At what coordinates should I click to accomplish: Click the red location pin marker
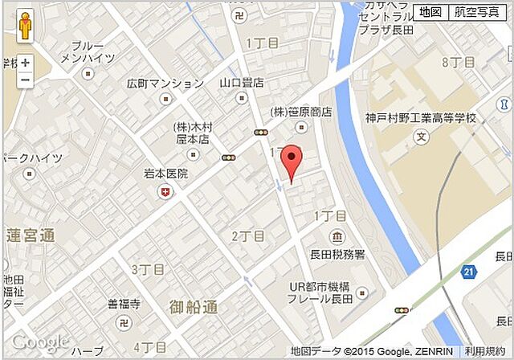click(x=292, y=164)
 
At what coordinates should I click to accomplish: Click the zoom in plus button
click(x=26, y=63)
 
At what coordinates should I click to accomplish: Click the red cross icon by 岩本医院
click(x=166, y=191)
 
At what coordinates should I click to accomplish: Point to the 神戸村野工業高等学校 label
click(x=421, y=118)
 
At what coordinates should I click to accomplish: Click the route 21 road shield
click(x=468, y=273)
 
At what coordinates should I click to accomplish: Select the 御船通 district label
click(x=194, y=306)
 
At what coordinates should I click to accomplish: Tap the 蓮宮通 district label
click(x=31, y=235)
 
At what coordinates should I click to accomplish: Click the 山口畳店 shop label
click(x=242, y=83)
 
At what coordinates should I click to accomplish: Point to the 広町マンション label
click(x=165, y=84)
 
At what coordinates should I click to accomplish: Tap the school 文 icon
click(x=421, y=136)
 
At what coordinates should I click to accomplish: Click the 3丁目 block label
click(x=148, y=269)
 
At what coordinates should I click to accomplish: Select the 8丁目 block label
click(x=459, y=62)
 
